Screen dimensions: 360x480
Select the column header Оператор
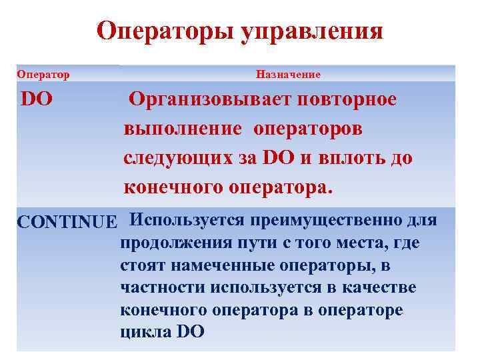pos(43,74)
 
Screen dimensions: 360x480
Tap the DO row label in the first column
pos(37,100)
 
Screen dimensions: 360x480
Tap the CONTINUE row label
pos(67,221)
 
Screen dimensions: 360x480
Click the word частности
pos(163,287)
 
